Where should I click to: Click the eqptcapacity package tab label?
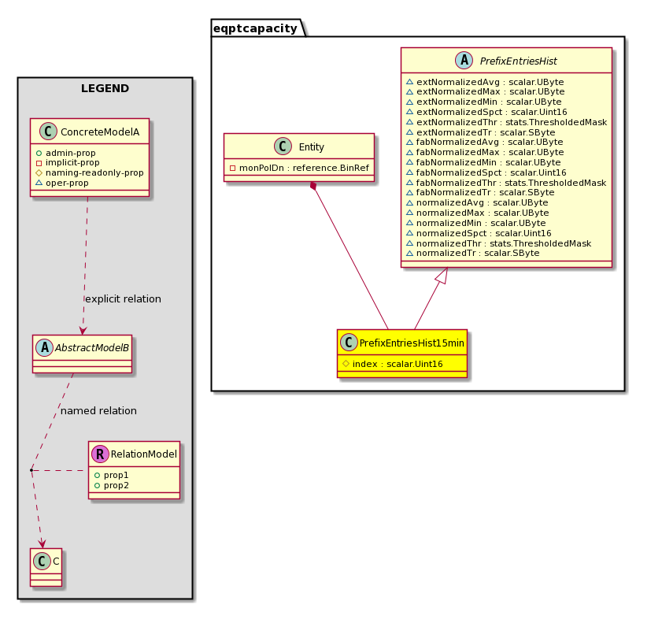point(255,28)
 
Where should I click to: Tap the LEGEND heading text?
point(105,88)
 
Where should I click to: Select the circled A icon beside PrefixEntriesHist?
point(464,61)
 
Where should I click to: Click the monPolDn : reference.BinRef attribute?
point(299,168)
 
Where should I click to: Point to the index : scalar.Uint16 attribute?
point(393,364)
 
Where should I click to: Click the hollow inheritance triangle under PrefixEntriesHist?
point(442,276)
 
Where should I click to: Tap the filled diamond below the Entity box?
point(313,186)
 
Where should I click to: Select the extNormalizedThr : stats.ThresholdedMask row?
point(506,122)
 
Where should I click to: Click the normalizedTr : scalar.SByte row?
point(472,253)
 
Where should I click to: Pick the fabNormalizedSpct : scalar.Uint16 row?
point(486,172)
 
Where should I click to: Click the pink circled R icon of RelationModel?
point(100,454)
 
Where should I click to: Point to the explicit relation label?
point(123,298)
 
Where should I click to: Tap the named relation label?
point(98,410)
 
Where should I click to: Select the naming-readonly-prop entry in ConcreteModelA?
point(90,172)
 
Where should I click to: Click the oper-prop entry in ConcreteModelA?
point(62,183)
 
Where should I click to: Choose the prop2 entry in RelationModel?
point(111,485)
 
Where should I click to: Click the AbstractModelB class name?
point(92,348)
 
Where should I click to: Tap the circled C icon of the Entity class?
point(283,146)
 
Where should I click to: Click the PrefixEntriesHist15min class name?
point(412,343)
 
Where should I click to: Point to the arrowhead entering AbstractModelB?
point(83,330)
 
